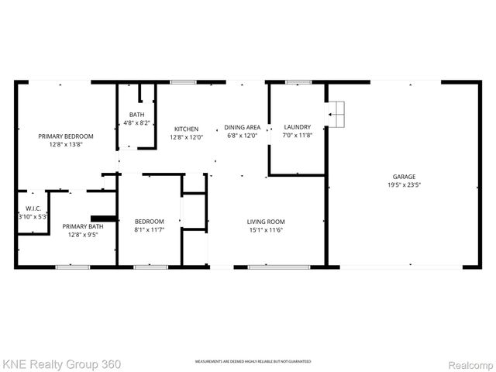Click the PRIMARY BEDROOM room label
pos(65,136)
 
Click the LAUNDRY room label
pos(297,127)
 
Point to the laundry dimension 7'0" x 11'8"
pos(297,136)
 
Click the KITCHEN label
pos(186,129)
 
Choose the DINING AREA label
pos(243,127)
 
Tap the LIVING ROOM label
pos(266,221)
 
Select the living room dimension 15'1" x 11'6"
pos(266,229)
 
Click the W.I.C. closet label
pos(33,208)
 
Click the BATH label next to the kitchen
pos(136,115)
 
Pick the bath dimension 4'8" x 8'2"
pos(136,123)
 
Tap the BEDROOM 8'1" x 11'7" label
pos(150,221)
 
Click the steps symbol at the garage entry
pos(336,116)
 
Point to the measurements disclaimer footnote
pos(253,362)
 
